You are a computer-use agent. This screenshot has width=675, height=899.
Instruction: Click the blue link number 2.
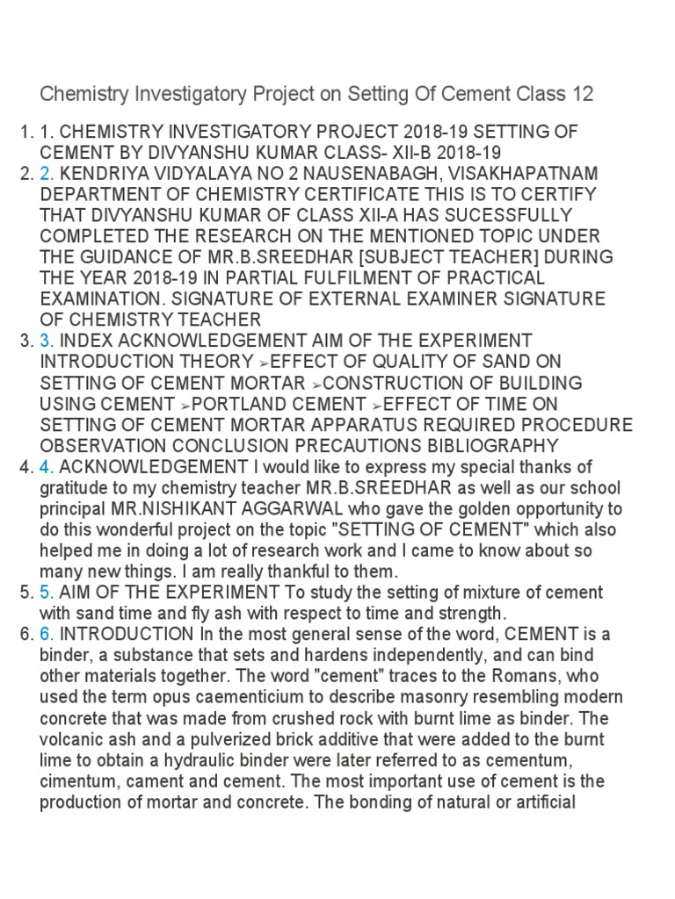pos(46,173)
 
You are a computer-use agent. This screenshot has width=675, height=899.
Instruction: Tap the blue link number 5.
pos(46,593)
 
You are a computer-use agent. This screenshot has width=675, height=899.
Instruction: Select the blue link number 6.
pos(46,635)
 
